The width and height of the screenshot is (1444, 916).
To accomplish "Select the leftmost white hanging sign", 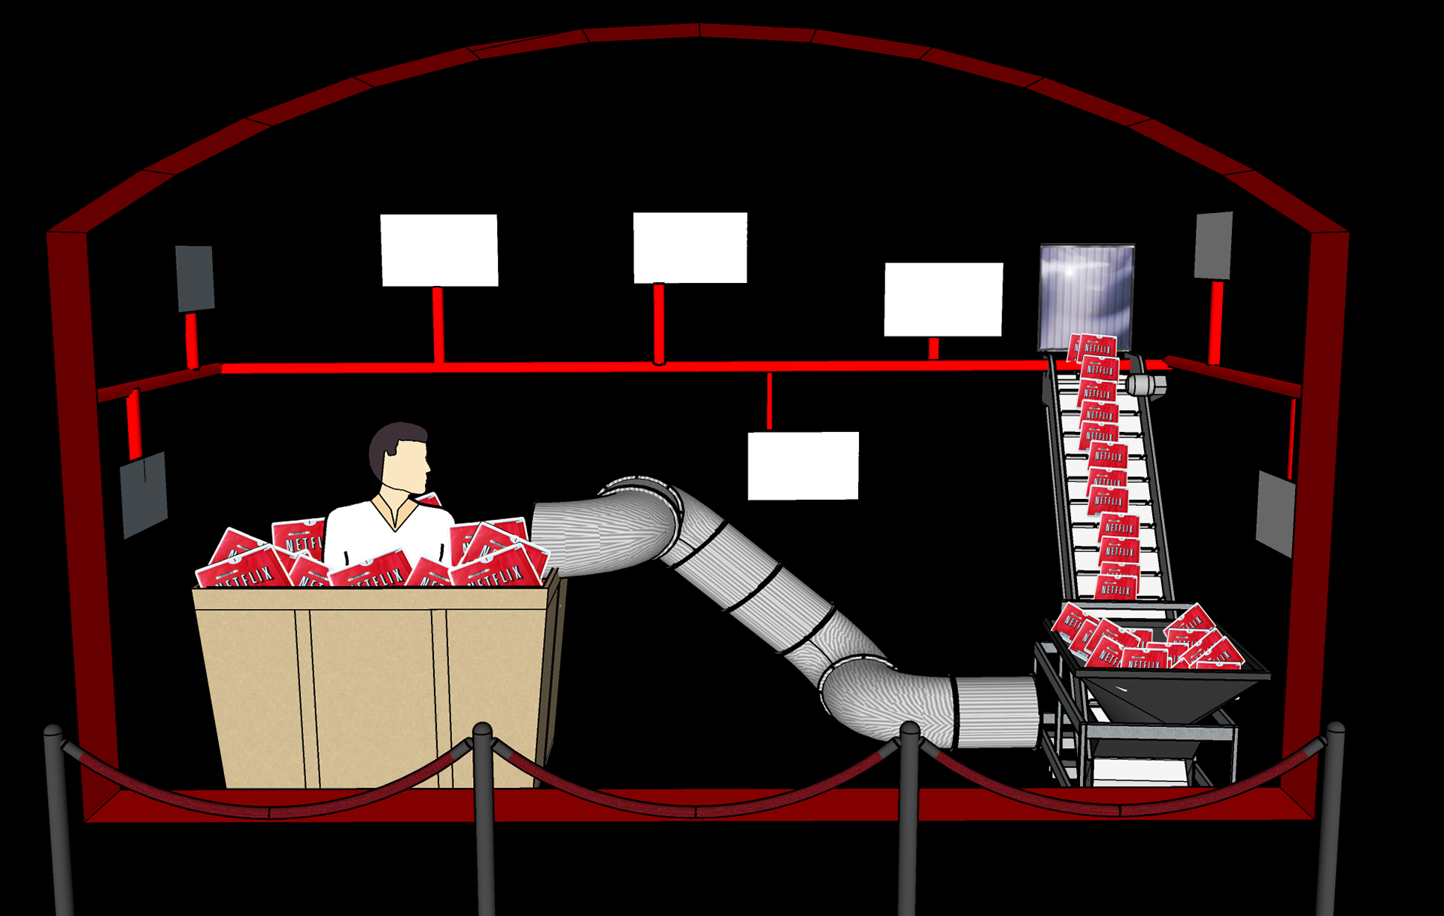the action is pyautogui.click(x=439, y=250).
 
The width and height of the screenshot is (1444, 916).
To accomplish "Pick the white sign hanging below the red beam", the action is pyautogui.click(x=803, y=465).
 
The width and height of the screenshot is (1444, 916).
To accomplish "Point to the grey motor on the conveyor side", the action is pyautogui.click(x=1148, y=385).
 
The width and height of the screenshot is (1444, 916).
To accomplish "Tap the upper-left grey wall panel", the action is pyautogui.click(x=195, y=278).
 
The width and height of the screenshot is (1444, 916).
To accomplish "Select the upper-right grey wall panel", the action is pyautogui.click(x=1214, y=245).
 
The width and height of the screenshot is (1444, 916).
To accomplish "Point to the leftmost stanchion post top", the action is pyautogui.click(x=53, y=732).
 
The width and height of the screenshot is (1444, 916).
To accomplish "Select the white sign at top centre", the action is pyautogui.click(x=690, y=248).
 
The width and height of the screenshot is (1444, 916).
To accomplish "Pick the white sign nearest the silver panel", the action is pyautogui.click(x=943, y=299).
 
